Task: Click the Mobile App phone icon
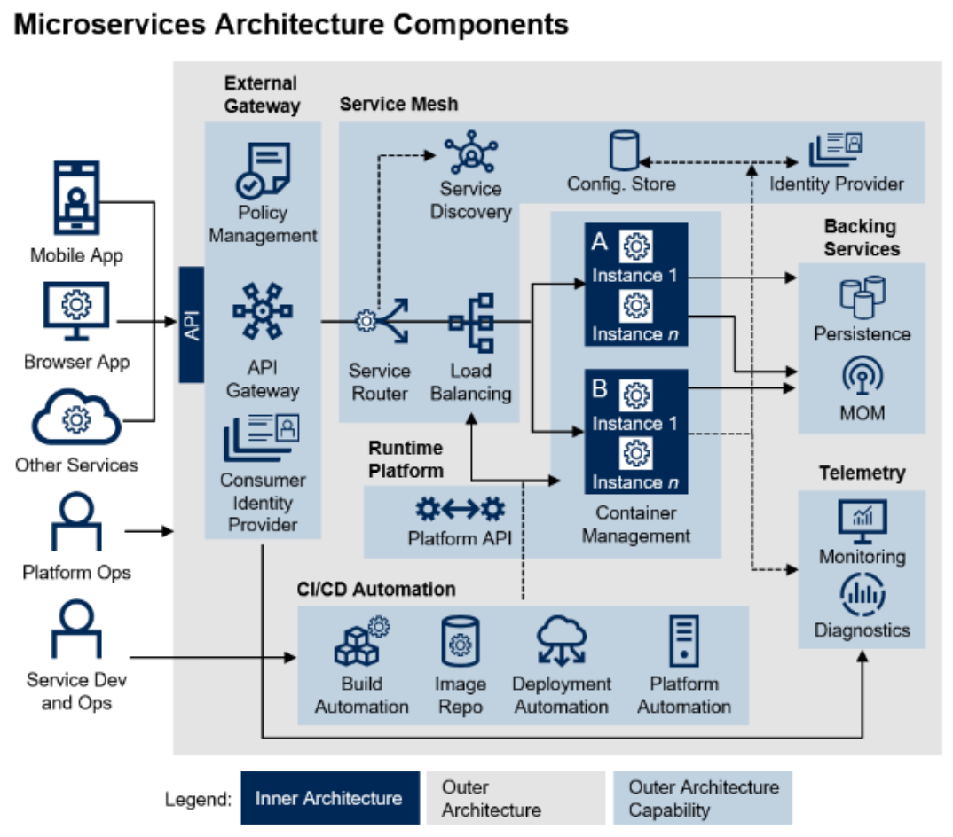(x=76, y=199)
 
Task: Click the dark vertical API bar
(x=192, y=325)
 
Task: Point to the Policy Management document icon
(x=263, y=170)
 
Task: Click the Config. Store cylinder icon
(x=624, y=151)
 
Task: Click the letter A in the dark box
(x=600, y=242)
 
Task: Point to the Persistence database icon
(x=862, y=297)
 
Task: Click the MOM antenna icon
(x=862, y=377)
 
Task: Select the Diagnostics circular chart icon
(x=862, y=595)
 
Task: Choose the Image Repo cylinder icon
(x=460, y=643)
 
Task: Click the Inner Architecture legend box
(x=329, y=798)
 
